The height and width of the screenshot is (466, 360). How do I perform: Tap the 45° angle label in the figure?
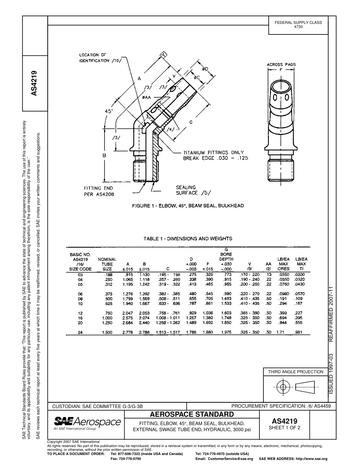pyautogui.click(x=109, y=112)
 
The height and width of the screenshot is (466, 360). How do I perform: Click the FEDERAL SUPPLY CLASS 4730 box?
pyautogui.click(x=298, y=25)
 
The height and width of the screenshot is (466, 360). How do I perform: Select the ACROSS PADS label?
pyautogui.click(x=281, y=65)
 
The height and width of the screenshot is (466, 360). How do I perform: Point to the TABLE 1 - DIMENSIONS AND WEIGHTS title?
pyautogui.click(x=188, y=239)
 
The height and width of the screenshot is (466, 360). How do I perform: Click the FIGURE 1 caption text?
pyautogui.click(x=188, y=206)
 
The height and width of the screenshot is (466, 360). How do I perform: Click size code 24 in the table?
pyautogui.click(x=80, y=332)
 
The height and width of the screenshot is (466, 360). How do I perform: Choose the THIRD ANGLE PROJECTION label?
pyautogui.click(x=296, y=372)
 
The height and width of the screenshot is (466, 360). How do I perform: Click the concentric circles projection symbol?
pyautogui.click(x=282, y=387)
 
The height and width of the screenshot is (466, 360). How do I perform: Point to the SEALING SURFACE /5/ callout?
pyautogui.click(x=193, y=190)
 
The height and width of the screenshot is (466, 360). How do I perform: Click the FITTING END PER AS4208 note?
pyautogui.click(x=99, y=191)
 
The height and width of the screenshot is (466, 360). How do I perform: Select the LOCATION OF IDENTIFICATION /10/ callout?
pyautogui.click(x=100, y=58)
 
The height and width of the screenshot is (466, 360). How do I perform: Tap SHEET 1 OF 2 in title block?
pyautogui.click(x=284, y=428)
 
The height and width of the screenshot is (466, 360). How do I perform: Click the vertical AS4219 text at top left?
pyautogui.click(x=34, y=83)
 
